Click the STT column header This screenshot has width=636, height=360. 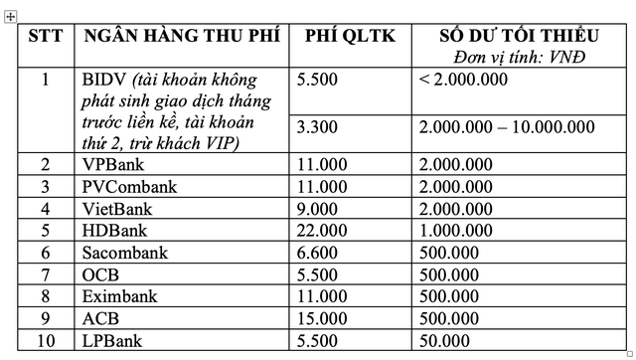click(44, 37)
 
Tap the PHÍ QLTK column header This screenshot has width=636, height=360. click(350, 37)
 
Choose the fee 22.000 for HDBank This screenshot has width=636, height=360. click(321, 230)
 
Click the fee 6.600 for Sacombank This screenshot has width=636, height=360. click(317, 252)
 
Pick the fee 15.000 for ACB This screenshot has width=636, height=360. click(321, 318)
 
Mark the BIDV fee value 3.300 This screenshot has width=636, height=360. click(317, 126)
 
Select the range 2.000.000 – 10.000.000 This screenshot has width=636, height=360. click(507, 126)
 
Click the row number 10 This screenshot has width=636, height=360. click(44, 340)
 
